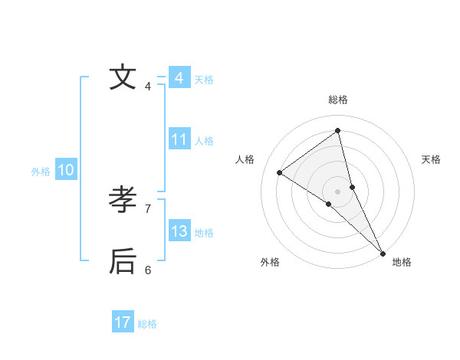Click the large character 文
[123, 77]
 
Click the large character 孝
[123, 200]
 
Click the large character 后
[123, 261]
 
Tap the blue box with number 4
[179, 78]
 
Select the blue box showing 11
[179, 139]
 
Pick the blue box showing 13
[179, 231]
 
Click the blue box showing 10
[66, 170]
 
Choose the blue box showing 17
[123, 322]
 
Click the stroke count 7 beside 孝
[148, 208]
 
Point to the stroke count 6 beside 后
[148, 270]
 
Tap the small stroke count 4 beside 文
[148, 86]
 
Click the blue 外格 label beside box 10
[41, 172]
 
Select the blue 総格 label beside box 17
[147, 324]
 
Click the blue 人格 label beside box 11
[204, 141]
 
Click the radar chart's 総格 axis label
[338, 100]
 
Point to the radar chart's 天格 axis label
[431, 159]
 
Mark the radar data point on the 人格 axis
[279, 172]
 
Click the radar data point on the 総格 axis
[338, 130]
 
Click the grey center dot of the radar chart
[338, 191]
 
